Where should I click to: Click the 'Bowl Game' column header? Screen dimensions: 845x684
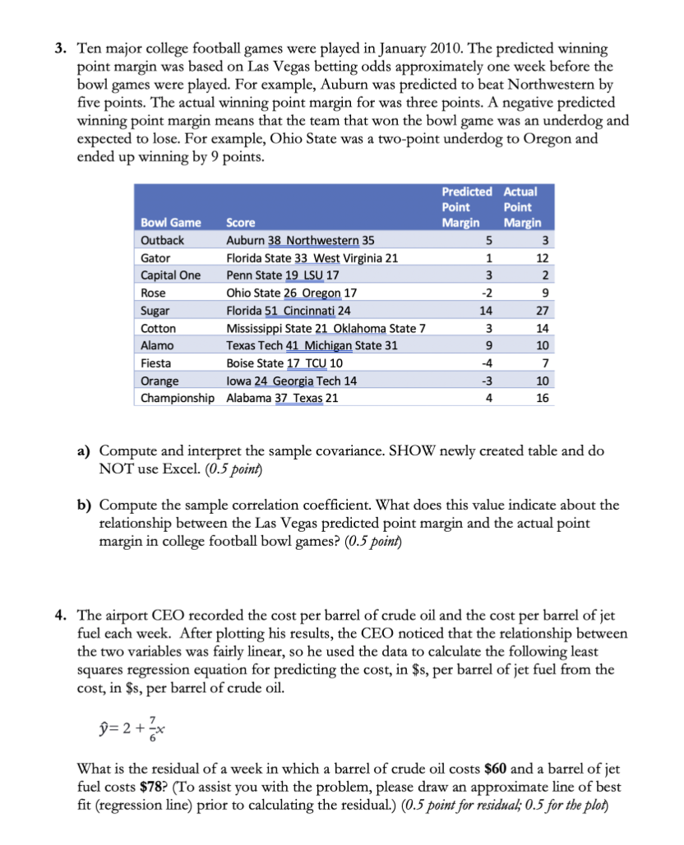tap(171, 223)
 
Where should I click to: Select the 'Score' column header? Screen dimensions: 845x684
tap(241, 223)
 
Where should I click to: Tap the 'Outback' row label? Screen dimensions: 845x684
tap(163, 240)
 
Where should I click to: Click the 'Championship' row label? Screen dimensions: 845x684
tap(178, 398)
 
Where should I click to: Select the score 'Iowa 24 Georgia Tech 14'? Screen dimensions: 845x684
tap(292, 381)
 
